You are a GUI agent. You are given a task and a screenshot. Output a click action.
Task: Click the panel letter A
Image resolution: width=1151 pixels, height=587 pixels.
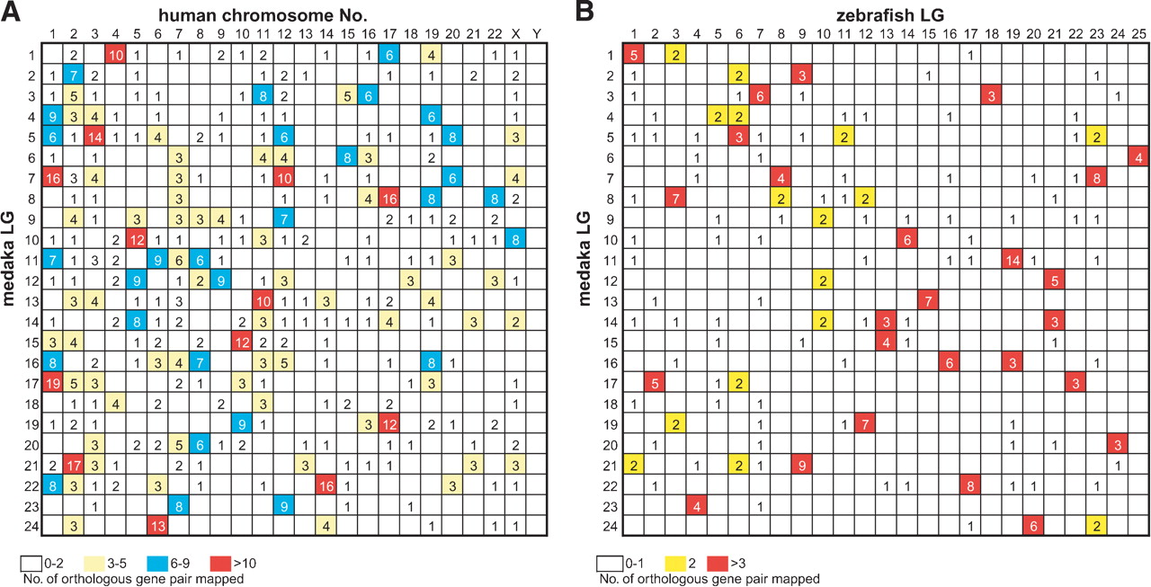(x=10, y=12)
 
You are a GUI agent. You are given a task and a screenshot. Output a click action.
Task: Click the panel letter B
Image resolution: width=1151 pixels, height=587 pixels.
(x=584, y=12)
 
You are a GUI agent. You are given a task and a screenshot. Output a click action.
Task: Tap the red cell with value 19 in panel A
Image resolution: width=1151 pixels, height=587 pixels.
(x=52, y=383)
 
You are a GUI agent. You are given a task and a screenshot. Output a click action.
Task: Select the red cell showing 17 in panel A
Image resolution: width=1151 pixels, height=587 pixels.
(x=74, y=466)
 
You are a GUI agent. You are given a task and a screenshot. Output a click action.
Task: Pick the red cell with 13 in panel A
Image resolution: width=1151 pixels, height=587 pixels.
(x=157, y=526)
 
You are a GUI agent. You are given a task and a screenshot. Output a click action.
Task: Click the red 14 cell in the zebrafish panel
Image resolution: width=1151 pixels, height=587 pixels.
(x=1013, y=261)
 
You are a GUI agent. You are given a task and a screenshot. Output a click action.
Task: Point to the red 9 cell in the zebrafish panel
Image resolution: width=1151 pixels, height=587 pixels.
(x=802, y=466)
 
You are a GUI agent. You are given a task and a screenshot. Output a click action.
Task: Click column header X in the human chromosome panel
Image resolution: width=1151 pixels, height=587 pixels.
(x=515, y=34)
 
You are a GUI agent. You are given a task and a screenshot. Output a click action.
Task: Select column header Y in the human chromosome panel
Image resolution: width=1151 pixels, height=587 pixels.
(x=537, y=34)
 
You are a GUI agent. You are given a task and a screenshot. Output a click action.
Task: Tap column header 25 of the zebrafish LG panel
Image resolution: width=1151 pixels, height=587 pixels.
(x=1138, y=34)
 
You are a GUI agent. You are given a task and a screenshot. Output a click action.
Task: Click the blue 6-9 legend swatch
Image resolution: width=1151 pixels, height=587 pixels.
(x=157, y=564)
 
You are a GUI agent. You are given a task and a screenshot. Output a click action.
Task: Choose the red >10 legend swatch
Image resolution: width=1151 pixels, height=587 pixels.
(x=220, y=564)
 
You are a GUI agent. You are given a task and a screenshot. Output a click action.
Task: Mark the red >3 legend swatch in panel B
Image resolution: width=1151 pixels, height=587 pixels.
(x=718, y=564)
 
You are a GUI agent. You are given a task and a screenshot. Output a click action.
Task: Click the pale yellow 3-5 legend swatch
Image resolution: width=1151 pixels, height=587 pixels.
(x=94, y=564)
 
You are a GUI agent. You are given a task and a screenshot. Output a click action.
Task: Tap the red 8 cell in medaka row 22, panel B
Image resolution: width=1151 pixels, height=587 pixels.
(x=970, y=485)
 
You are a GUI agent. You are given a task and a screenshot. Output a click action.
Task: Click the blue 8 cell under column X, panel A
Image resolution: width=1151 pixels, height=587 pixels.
(x=515, y=240)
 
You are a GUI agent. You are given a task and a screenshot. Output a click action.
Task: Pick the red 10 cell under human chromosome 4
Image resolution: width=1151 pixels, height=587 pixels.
(x=116, y=55)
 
